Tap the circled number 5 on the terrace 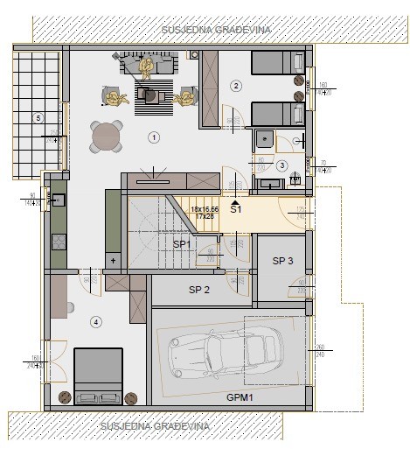[38, 116]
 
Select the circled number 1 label [154, 137]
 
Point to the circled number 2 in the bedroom [235, 86]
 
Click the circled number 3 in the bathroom [281, 165]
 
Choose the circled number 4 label [96, 322]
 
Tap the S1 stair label [236, 209]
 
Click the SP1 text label [182, 244]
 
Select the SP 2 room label [200, 290]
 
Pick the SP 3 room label [282, 261]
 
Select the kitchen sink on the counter [59, 200]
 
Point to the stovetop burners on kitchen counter [59, 235]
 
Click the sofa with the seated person [147, 66]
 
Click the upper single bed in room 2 [276, 63]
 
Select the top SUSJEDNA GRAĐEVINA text [216, 30]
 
